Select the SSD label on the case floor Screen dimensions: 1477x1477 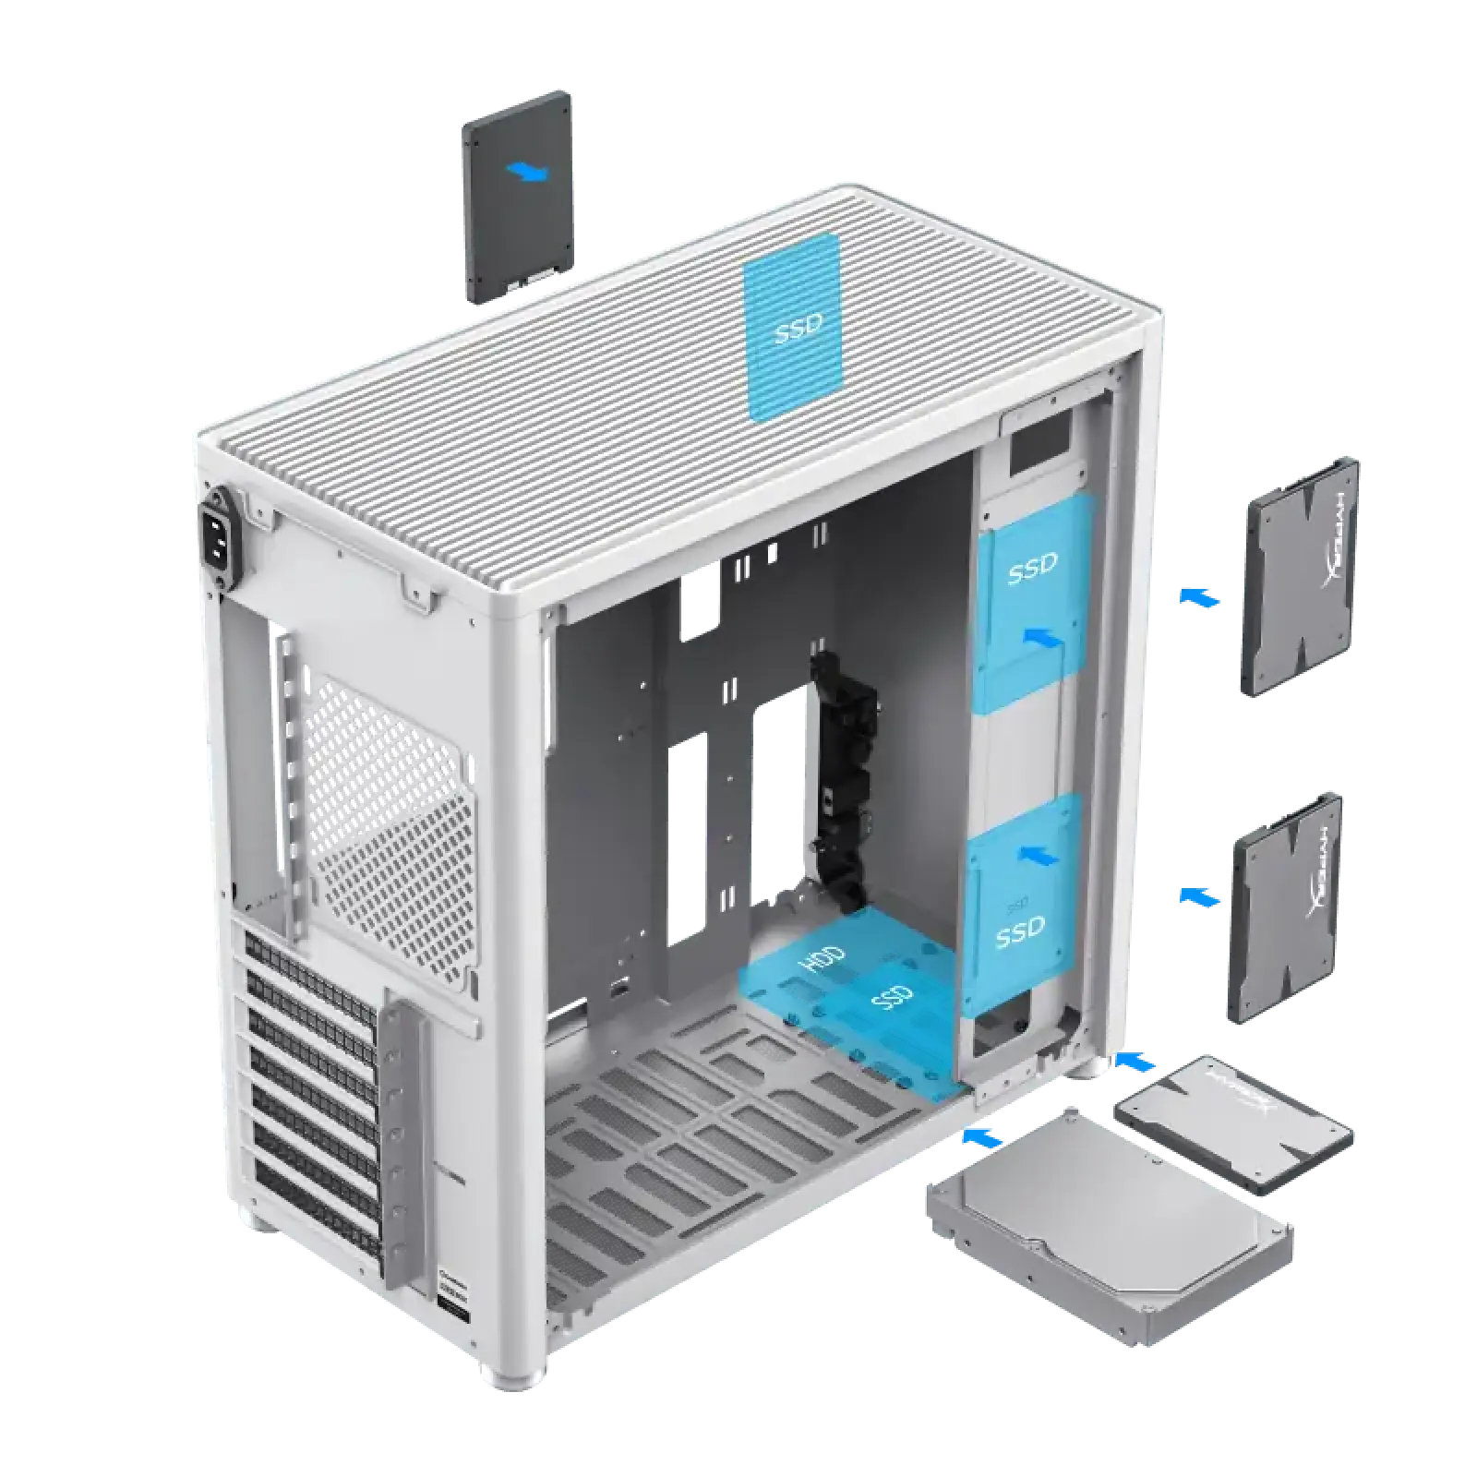click(x=893, y=998)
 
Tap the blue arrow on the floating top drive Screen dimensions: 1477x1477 click(x=529, y=171)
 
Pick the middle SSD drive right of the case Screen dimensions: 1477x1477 click(x=1284, y=906)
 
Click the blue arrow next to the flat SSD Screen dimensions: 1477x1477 click(x=1135, y=1062)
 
